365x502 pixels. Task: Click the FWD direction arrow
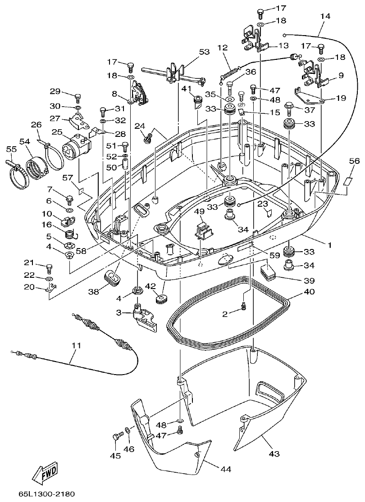[x=45, y=473]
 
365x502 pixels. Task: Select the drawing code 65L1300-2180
[x=46, y=494]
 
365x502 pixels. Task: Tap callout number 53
[x=204, y=52]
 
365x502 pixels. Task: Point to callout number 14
[x=325, y=16]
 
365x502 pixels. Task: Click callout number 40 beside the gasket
[x=309, y=292]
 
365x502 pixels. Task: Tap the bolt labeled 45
[x=118, y=436]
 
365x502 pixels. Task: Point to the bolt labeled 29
[x=77, y=96]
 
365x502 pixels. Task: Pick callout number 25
[x=56, y=132]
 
